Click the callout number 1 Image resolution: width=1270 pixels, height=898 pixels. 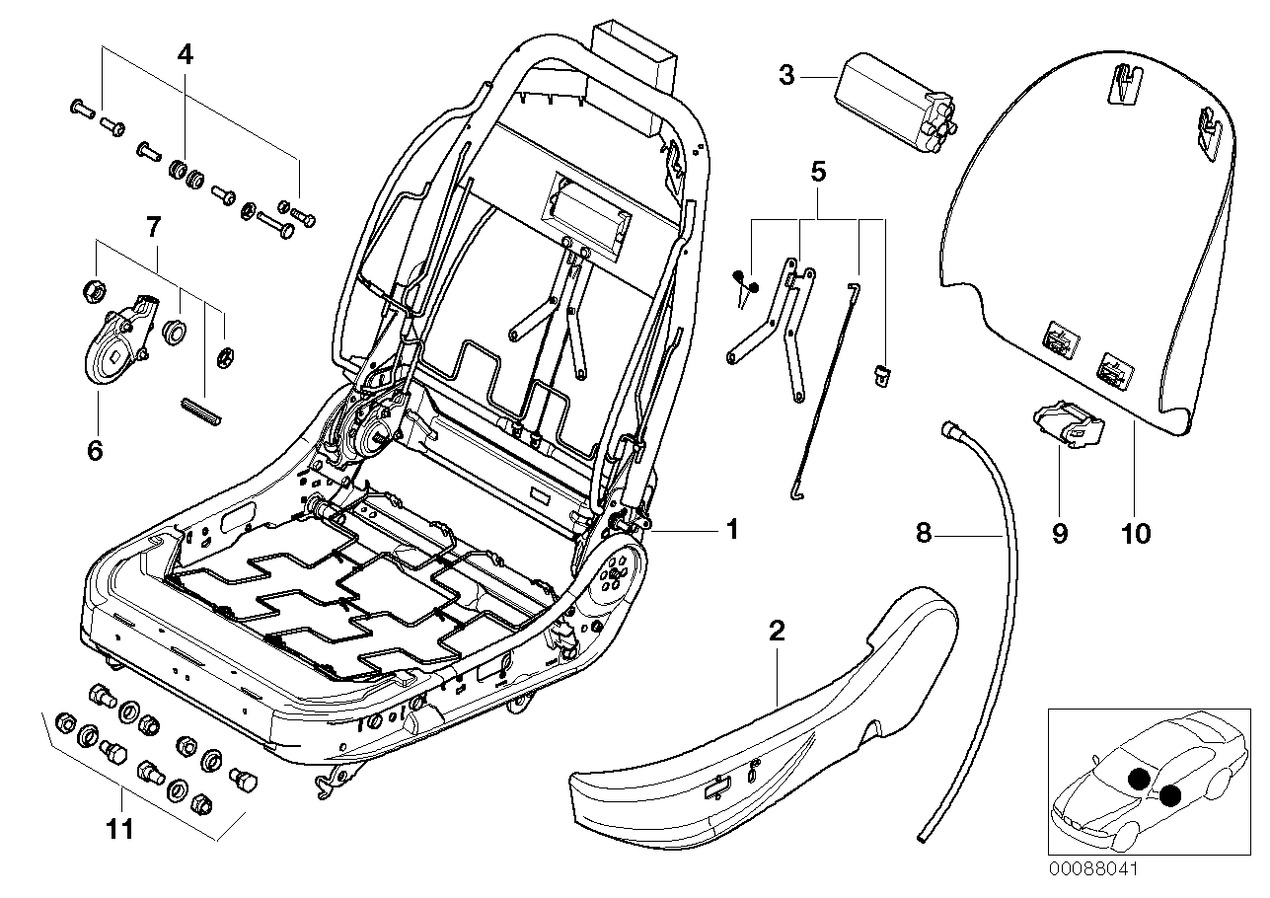click(731, 530)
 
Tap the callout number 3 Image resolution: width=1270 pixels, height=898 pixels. click(786, 75)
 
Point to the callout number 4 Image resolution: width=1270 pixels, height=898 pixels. click(185, 56)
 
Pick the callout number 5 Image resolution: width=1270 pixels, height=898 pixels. click(817, 172)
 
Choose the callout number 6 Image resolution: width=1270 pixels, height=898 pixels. click(95, 450)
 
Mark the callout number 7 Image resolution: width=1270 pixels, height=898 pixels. click(152, 228)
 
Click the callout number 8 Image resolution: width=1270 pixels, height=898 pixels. click(923, 534)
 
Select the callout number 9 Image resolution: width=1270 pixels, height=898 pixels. click(1059, 534)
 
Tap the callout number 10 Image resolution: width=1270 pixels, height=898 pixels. click(1136, 534)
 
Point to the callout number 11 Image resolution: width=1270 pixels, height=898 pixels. click(120, 830)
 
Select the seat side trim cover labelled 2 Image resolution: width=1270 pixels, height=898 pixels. click(770, 750)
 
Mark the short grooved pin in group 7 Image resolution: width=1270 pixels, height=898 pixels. click(204, 409)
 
